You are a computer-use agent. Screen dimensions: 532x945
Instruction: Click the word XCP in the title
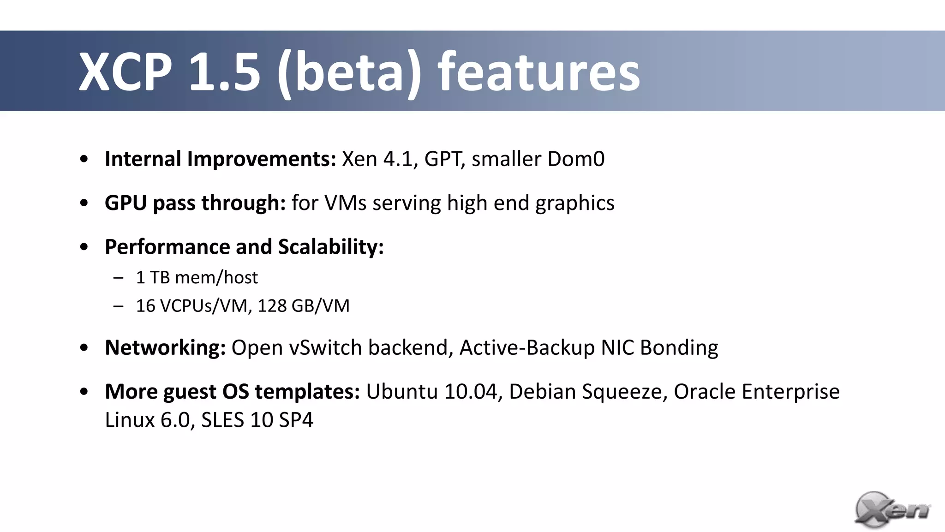click(126, 72)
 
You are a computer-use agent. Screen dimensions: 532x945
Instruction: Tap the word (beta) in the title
click(349, 72)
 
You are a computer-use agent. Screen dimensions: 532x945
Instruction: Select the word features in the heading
click(538, 72)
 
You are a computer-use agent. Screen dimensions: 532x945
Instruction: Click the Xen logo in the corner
click(891, 509)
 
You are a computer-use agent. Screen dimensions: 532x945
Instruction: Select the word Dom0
click(575, 159)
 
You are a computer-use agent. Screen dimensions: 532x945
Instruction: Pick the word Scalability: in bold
click(330, 247)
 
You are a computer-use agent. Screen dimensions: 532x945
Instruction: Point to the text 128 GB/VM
click(303, 306)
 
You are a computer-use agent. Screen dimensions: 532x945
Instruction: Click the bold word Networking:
click(165, 348)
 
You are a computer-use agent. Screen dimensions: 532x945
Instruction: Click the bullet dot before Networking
click(84, 348)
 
